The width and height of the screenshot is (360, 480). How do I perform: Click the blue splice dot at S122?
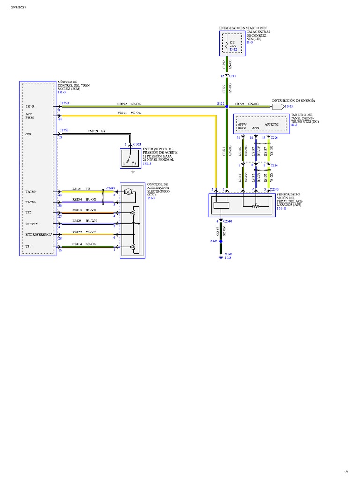[226, 107]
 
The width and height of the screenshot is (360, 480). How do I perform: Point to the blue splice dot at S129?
[221, 241]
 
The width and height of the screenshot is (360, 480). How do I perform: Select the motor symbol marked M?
[128, 191]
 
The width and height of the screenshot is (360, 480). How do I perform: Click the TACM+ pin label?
[31, 192]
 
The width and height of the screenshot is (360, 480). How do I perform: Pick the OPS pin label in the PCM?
[29, 134]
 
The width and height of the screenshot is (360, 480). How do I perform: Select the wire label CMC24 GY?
[97, 131]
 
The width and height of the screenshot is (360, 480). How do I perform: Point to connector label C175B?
[64, 103]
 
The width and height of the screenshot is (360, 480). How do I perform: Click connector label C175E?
[64, 130]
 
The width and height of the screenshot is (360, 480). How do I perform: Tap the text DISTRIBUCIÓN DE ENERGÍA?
[293, 101]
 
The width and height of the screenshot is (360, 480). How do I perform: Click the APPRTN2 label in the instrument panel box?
[272, 125]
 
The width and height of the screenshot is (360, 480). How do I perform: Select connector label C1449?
[111, 188]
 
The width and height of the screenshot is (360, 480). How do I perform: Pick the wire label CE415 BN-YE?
[84, 210]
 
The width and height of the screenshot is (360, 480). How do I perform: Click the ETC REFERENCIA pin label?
[39, 234]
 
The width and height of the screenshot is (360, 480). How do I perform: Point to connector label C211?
[232, 75]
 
